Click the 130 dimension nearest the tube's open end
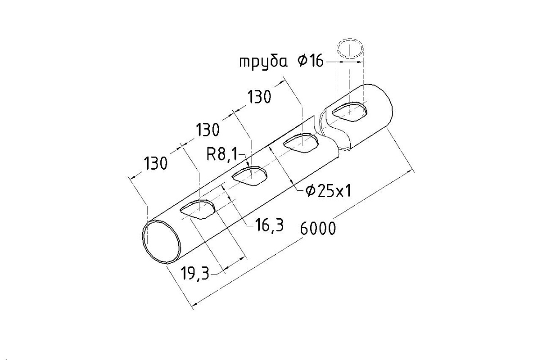[x=155, y=163]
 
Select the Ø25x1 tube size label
[x=328, y=191]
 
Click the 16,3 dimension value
[x=269, y=225]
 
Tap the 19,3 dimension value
[x=195, y=273]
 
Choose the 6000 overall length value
[x=318, y=228]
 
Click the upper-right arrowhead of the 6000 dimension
[x=411, y=171]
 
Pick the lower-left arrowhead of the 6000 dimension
[x=194, y=307]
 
